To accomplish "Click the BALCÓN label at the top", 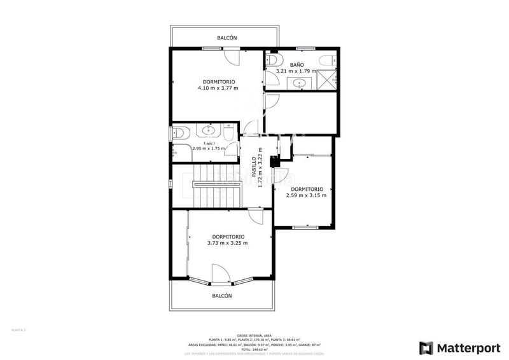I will click(227, 38).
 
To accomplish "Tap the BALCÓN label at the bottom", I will click(221, 296).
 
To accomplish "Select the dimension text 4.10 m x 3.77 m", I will click(218, 88).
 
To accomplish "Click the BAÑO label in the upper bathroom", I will click(297, 65).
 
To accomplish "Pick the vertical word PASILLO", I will click(253, 167).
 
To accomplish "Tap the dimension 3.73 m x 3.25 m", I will click(227, 243).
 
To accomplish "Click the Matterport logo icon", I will click(426, 348).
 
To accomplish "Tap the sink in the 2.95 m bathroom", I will click(208, 131).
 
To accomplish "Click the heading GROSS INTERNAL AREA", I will click(254, 335).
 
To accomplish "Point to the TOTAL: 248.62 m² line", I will click(254, 349).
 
